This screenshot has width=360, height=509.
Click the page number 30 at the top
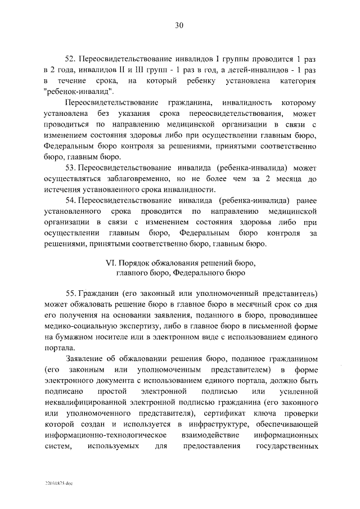pos(179,26)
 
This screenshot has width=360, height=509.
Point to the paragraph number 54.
pos(71,201)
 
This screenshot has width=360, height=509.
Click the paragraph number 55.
pos(71,294)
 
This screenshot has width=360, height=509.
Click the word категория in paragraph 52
pos(296,82)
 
